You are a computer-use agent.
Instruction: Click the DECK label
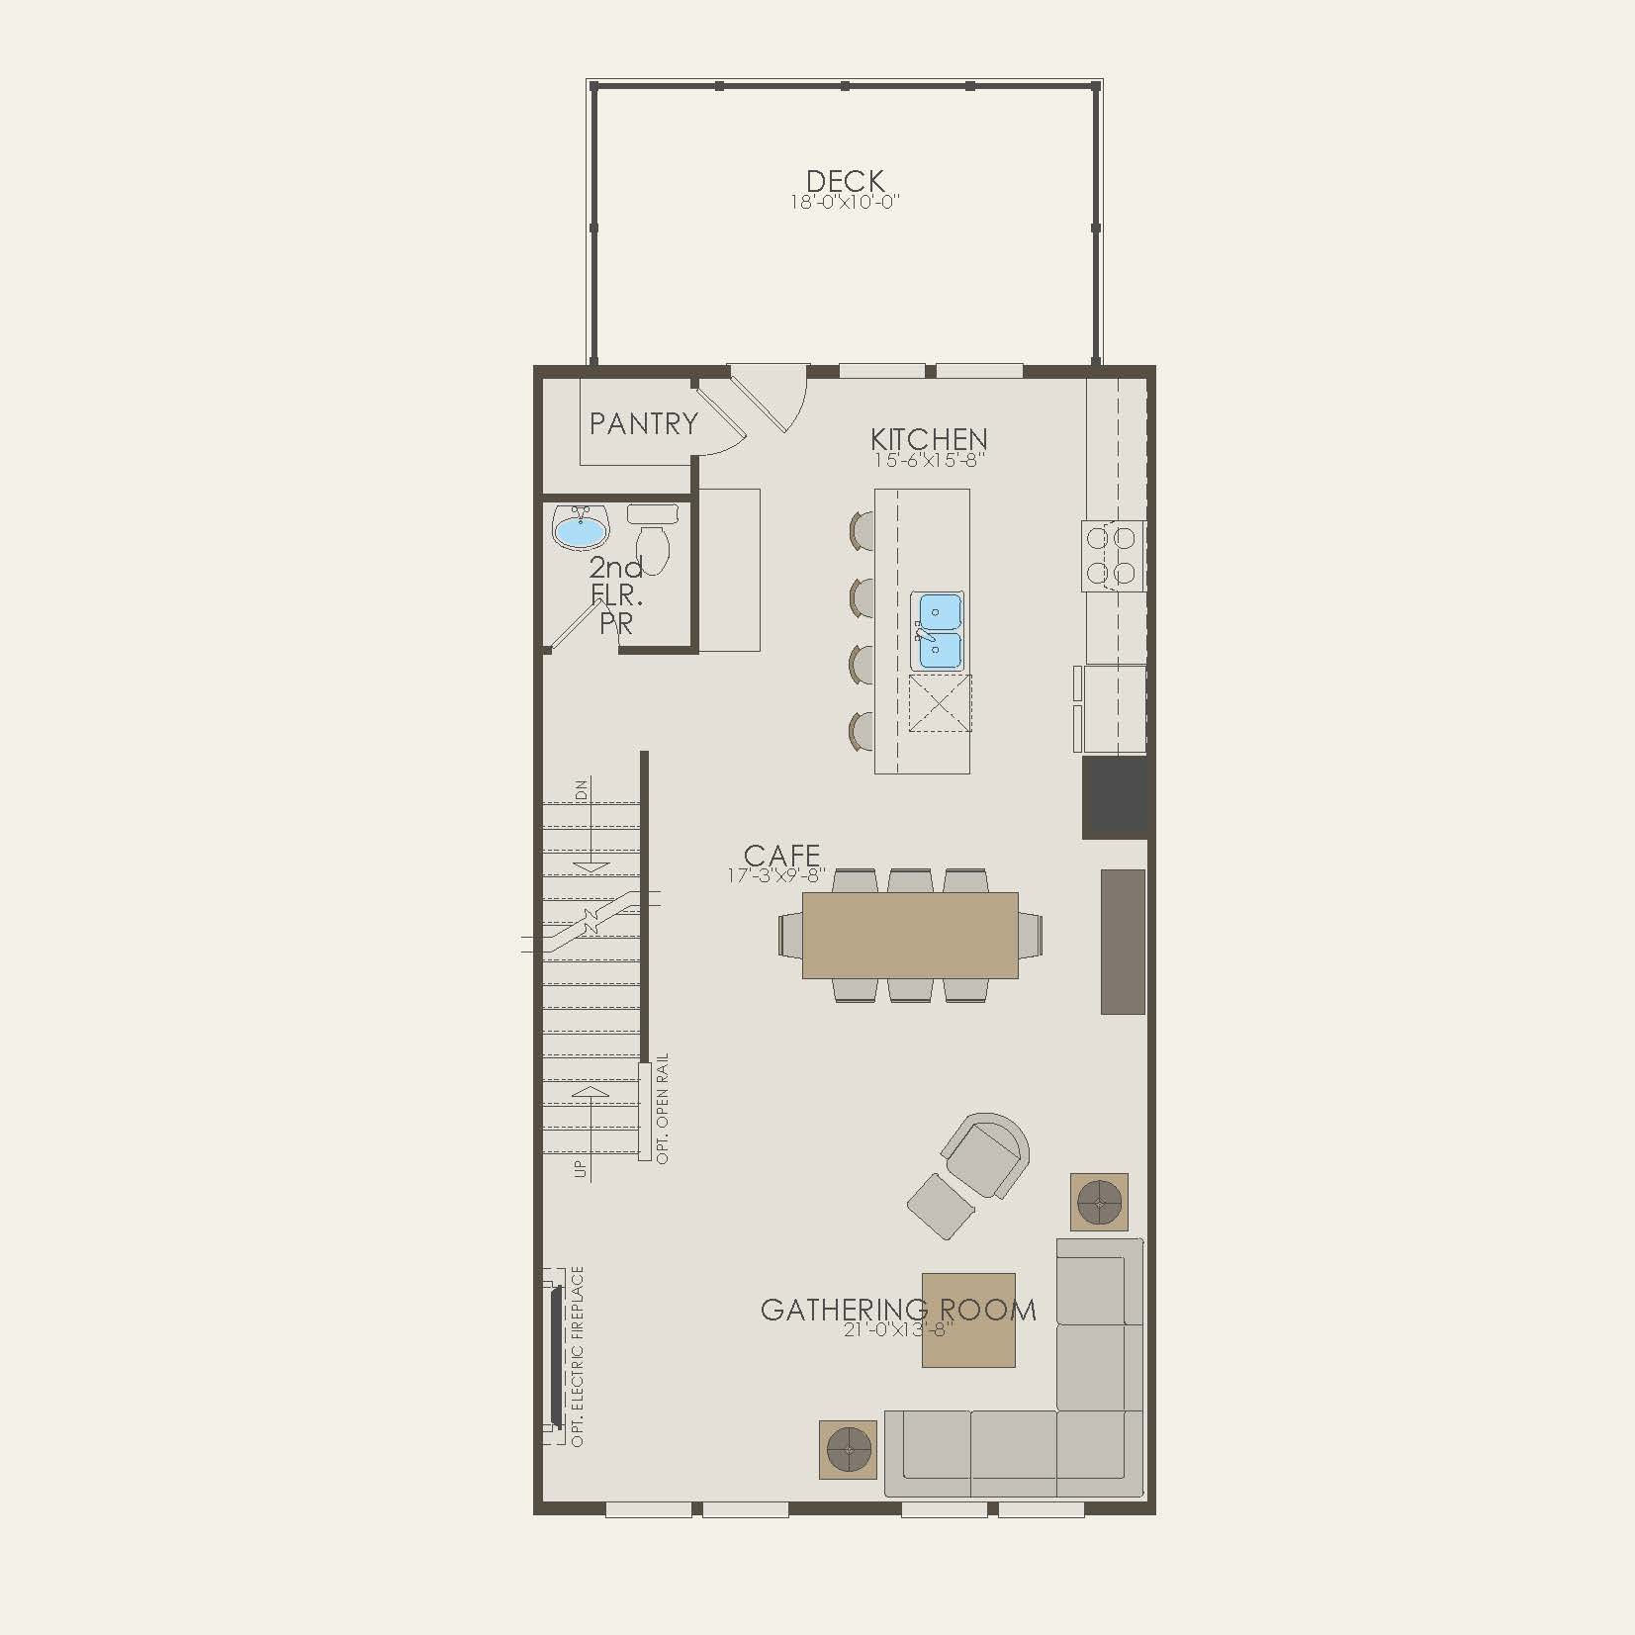845,182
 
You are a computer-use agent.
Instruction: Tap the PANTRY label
644,424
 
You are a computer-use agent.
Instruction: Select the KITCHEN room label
929,439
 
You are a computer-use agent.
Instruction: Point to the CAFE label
781,855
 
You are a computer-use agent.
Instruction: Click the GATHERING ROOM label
898,1310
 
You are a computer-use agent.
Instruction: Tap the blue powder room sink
580,530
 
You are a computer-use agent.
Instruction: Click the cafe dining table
910,935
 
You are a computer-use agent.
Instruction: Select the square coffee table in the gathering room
968,1321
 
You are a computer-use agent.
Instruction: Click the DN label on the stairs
582,789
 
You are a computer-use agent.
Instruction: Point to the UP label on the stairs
581,1168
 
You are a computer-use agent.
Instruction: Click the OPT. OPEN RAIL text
663,1108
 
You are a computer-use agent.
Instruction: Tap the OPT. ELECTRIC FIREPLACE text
578,1356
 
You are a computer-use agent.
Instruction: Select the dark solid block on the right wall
1115,797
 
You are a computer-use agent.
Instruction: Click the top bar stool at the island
862,529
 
